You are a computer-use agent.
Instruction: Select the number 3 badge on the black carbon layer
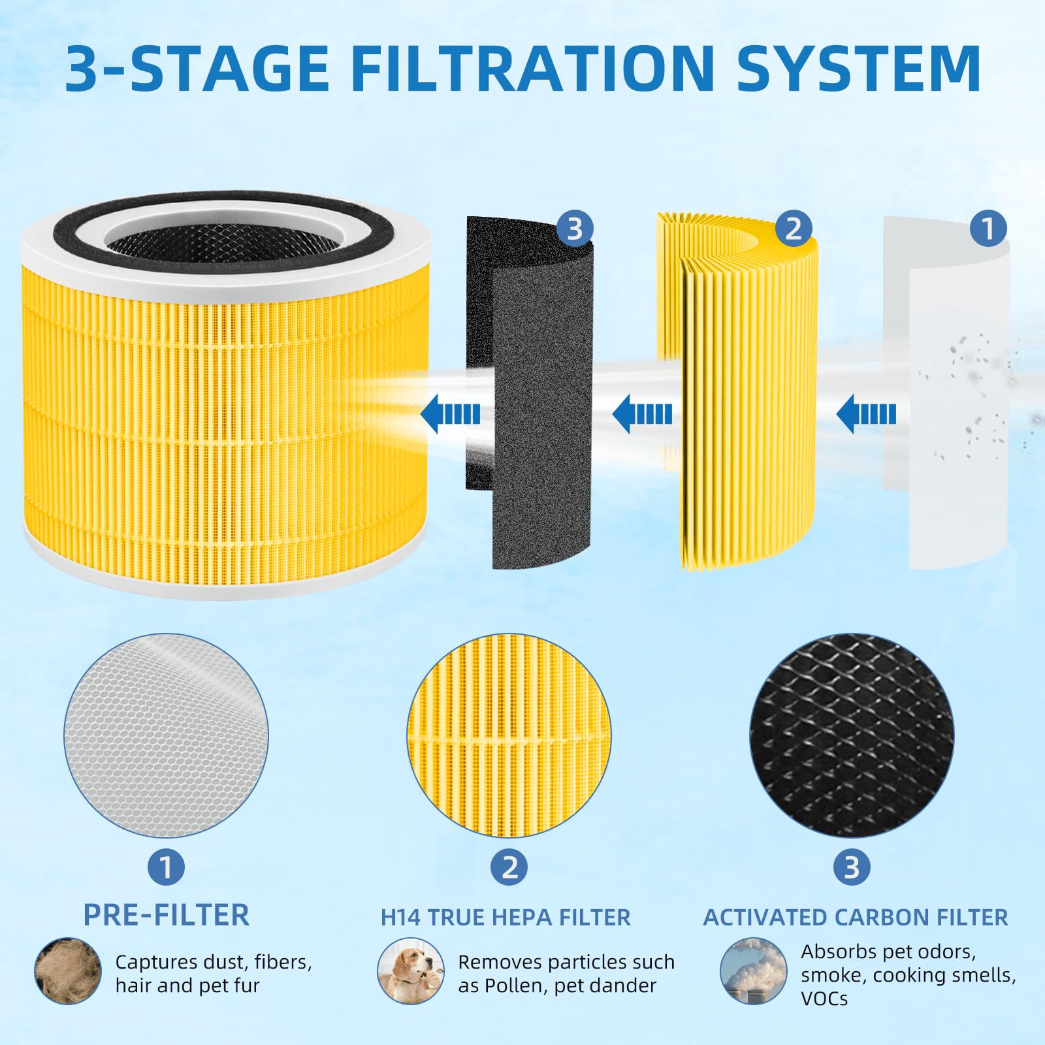[574, 229]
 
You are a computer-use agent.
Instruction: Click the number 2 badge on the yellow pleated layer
[793, 229]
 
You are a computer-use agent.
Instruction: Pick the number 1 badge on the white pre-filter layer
[988, 229]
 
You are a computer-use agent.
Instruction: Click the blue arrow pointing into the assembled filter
[451, 414]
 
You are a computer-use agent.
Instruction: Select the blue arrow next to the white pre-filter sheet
[866, 414]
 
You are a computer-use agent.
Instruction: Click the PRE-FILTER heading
[166, 915]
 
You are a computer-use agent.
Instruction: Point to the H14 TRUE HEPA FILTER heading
[506, 918]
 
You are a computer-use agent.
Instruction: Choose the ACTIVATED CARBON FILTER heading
[855, 918]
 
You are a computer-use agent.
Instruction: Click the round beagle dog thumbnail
[410, 971]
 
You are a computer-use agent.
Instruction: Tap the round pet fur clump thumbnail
[68, 971]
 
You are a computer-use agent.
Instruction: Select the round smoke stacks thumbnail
[753, 971]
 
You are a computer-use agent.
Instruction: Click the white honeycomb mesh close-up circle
[166, 735]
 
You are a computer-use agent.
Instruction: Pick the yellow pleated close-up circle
[509, 735]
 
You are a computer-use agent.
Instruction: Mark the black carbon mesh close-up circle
[852, 735]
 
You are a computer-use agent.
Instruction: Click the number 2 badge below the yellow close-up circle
[509, 867]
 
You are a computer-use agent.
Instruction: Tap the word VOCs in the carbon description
[824, 999]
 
